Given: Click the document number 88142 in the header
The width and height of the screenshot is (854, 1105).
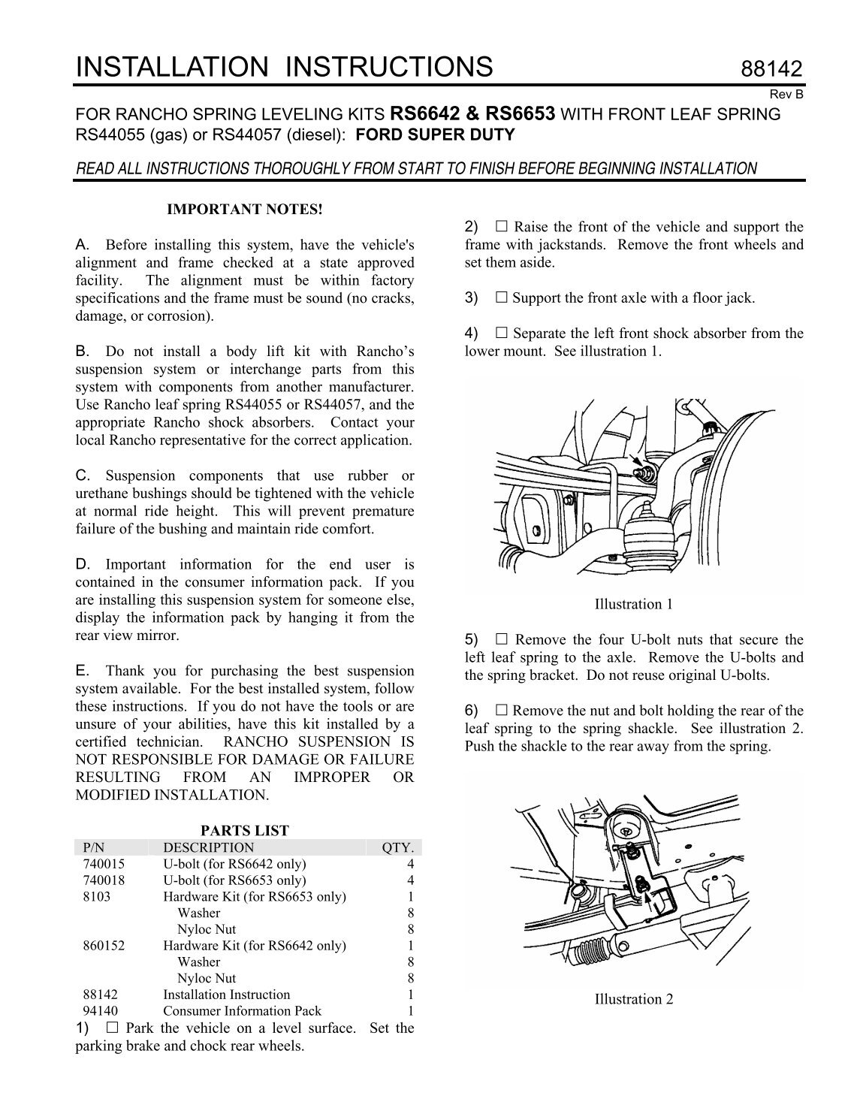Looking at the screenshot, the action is [771, 68].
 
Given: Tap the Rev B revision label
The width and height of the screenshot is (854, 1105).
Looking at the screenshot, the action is [786, 95].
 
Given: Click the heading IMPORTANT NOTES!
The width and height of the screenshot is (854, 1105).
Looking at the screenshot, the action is [245, 210].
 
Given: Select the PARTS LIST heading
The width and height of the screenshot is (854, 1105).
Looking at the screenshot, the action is [245, 830].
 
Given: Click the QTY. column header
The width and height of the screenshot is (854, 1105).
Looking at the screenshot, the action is [398, 847].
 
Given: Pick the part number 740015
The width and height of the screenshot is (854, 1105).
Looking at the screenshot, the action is [104, 864].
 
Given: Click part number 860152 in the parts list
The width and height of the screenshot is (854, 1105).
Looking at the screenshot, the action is [104, 945].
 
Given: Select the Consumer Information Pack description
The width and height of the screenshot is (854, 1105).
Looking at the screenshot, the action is [243, 1010].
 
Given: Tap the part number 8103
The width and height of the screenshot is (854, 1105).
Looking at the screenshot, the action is [97, 896].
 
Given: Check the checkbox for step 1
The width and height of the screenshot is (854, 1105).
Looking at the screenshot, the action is [113, 1028].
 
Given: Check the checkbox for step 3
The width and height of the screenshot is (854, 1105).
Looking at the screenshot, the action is [501, 297].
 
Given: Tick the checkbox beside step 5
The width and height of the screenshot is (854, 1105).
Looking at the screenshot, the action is [501, 639].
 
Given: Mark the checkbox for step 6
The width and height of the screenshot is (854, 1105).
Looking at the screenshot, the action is [501, 711].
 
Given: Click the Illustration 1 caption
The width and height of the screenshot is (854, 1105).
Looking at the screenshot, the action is [634, 604].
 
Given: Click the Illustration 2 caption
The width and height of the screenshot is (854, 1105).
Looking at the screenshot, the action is [634, 999].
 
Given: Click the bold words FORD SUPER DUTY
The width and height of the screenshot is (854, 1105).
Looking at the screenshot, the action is [435, 134].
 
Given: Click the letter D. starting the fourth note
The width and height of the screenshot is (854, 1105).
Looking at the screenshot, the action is [83, 564].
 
